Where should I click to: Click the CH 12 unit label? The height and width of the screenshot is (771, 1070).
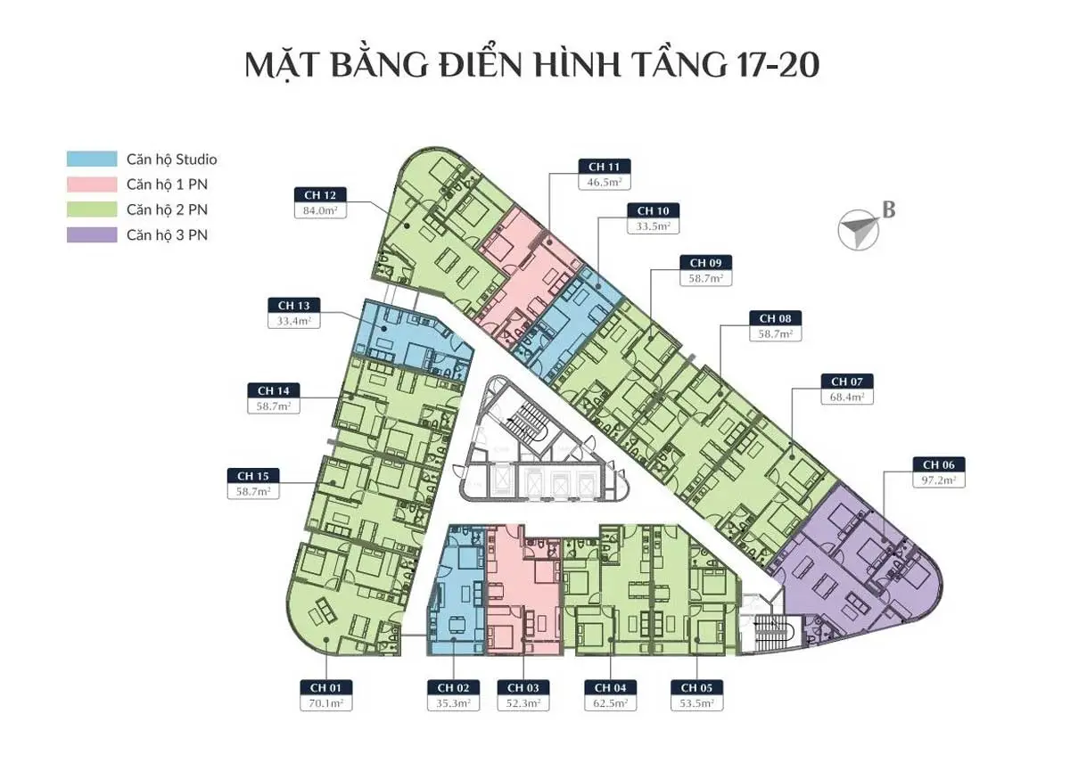pyautogui.click(x=319, y=195)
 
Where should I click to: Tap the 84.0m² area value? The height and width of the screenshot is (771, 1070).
pyautogui.click(x=319, y=211)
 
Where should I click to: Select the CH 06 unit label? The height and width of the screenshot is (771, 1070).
pyautogui.click(x=939, y=464)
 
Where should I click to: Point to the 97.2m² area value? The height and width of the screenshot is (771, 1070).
pyautogui.click(x=939, y=480)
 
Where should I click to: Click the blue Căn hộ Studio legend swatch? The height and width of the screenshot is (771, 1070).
pyautogui.click(x=91, y=160)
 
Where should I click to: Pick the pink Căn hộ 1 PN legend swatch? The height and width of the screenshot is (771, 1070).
pyautogui.click(x=91, y=185)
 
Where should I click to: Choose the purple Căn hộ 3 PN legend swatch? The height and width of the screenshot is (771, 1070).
pyautogui.click(x=91, y=235)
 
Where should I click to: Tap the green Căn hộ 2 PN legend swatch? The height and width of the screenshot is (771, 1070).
pyautogui.click(x=91, y=210)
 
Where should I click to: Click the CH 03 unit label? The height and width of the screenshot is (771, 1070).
pyautogui.click(x=523, y=687)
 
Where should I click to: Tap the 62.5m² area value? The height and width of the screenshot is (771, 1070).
pyautogui.click(x=610, y=703)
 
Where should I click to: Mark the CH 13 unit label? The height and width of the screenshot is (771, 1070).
pyautogui.click(x=293, y=306)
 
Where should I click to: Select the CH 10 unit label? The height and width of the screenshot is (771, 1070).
pyautogui.click(x=652, y=210)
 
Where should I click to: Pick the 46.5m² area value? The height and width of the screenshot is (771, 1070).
pyautogui.click(x=604, y=182)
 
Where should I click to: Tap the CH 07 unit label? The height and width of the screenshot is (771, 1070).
pyautogui.click(x=846, y=381)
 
